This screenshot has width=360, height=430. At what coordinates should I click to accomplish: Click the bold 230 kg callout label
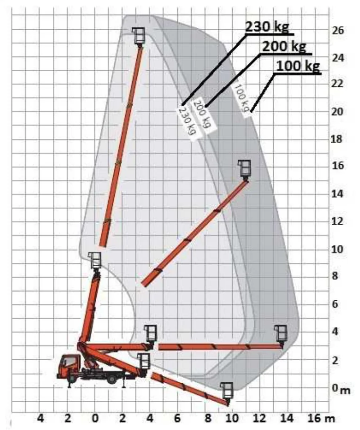point(267,27)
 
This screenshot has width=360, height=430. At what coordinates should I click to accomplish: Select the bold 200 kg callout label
point(284,46)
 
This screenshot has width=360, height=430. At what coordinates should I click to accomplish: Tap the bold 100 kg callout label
point(298,66)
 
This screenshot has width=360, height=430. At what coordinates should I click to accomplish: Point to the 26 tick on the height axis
point(337,30)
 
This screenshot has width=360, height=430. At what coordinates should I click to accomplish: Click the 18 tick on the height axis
point(337,139)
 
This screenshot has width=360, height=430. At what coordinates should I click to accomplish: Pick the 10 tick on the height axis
point(337,249)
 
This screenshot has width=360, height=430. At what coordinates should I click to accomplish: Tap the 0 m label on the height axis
point(341,388)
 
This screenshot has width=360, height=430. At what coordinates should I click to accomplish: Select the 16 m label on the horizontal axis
point(321,418)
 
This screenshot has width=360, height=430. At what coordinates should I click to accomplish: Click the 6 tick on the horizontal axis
point(177,419)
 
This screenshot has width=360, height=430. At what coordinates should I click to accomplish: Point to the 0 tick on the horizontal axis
point(95,419)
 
